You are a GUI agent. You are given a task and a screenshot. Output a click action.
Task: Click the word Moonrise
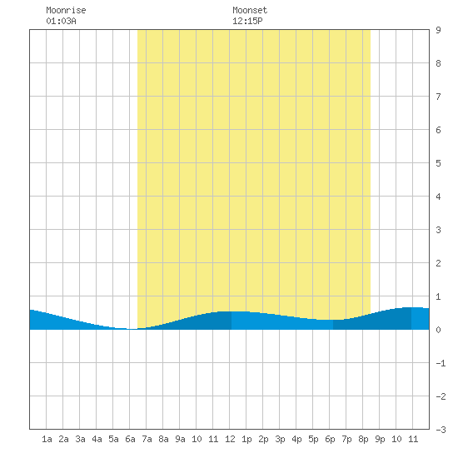click(x=66, y=10)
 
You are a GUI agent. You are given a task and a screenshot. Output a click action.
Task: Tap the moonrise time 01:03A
click(x=61, y=21)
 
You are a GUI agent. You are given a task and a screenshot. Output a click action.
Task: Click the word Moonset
click(x=250, y=10)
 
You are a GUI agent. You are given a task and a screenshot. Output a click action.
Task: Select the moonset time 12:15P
click(x=247, y=21)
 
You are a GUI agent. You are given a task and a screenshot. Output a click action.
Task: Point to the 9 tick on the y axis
click(x=438, y=30)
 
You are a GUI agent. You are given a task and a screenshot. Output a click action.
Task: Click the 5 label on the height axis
click(x=438, y=163)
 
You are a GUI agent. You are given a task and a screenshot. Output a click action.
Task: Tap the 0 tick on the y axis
click(x=438, y=330)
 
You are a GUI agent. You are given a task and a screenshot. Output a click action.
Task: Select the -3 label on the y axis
click(x=441, y=430)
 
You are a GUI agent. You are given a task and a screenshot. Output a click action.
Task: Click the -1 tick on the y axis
click(x=441, y=363)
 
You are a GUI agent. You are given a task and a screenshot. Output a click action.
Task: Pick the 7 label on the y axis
click(x=438, y=97)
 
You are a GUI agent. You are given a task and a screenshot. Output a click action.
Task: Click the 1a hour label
click(x=47, y=439)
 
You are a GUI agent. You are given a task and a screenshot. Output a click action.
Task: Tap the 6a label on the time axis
click(x=130, y=439)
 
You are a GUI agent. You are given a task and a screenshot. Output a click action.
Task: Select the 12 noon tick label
click(x=230, y=439)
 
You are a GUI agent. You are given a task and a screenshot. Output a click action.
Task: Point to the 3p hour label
click(x=280, y=439)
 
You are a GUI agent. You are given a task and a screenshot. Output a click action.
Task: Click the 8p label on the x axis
click(x=363, y=439)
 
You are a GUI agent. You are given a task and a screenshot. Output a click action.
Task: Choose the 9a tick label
click(x=180, y=439)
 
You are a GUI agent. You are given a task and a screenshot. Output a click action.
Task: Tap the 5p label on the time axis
click(x=313, y=439)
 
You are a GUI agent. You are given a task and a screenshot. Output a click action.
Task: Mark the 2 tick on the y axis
click(x=438, y=263)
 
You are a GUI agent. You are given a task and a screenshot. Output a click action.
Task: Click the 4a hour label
click(x=97, y=439)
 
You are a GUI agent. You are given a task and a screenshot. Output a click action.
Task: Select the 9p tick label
click(x=380, y=439)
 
